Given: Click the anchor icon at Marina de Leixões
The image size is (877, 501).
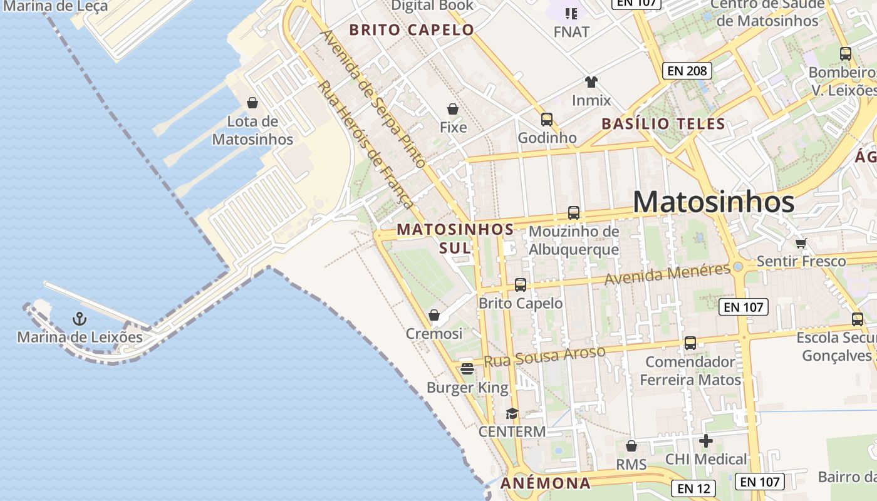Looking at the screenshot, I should (79, 319).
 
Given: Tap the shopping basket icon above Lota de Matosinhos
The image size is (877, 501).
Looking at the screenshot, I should (252, 103).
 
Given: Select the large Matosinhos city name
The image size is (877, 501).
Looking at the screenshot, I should (714, 202).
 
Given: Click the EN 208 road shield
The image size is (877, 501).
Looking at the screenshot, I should (687, 71).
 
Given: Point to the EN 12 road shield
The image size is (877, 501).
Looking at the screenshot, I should (693, 487).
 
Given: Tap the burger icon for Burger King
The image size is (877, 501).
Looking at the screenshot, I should (467, 369).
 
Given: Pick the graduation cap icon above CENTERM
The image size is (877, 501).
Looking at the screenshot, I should (512, 413).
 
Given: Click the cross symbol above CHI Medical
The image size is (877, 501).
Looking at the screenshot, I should (706, 441).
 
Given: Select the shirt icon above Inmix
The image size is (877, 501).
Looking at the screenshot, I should (591, 81).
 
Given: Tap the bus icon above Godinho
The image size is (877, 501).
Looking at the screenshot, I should (547, 119).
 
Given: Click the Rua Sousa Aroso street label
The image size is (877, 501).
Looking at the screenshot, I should (545, 356).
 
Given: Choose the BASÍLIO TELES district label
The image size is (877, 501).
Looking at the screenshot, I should (663, 124).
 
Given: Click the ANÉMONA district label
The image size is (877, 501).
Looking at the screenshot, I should (546, 483).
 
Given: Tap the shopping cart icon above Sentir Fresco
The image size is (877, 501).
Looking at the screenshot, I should (801, 243).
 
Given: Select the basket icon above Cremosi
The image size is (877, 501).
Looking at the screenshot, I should (433, 315).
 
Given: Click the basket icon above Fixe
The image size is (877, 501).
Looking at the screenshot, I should (453, 109).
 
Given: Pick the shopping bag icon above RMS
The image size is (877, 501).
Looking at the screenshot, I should (631, 446).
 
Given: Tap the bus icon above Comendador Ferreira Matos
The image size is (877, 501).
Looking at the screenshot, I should (690, 343).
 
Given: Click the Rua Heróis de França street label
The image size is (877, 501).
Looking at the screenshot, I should (366, 145).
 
